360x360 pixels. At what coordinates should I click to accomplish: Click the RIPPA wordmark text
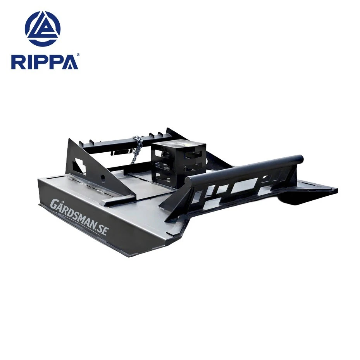click(x=45, y=62)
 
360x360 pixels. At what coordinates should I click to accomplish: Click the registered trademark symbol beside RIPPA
click(x=78, y=55)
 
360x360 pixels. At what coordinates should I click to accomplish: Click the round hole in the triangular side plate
click(x=103, y=178)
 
